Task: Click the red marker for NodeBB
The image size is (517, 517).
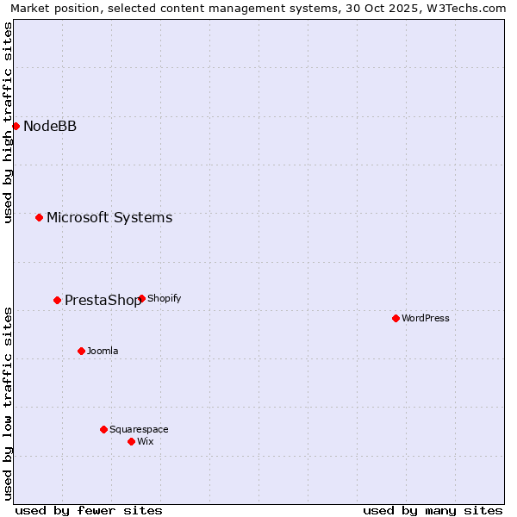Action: coord(16,126)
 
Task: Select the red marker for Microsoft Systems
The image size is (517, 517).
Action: coord(39,217)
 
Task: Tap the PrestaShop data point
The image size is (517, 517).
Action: coord(57,300)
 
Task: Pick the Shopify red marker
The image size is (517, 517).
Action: coord(141,298)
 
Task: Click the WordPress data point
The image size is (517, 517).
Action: coord(396,318)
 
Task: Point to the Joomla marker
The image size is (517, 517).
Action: coord(81,351)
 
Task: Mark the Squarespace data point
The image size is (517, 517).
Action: coord(103,429)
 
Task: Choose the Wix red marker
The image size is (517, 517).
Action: coord(131,441)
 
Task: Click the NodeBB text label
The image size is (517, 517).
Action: coord(50,127)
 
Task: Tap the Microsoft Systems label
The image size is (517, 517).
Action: coord(109,217)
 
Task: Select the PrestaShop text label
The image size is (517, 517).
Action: coord(103,301)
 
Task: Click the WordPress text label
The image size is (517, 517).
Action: coord(426,318)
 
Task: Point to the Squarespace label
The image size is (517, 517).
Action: coord(139,429)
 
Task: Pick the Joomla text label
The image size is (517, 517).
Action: coord(103,351)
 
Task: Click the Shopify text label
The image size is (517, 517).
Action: coord(165,298)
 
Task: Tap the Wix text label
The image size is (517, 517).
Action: coord(146,441)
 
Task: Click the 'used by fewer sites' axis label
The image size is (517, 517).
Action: coord(89,510)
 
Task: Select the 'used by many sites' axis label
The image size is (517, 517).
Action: coord(433,510)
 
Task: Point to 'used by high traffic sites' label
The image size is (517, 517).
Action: coord(9,122)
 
